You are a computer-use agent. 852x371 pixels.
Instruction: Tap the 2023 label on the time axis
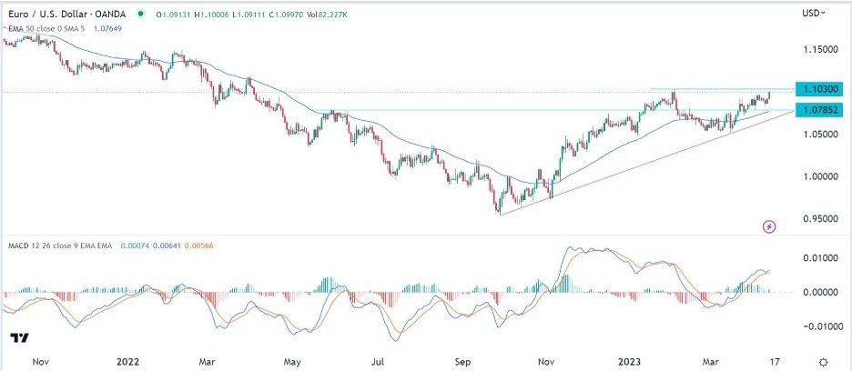click(x=631, y=361)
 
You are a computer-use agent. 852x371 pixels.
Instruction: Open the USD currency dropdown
click(x=814, y=13)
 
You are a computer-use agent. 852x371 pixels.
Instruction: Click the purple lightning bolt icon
click(x=770, y=226)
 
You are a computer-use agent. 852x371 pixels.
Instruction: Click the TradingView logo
click(x=18, y=337)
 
